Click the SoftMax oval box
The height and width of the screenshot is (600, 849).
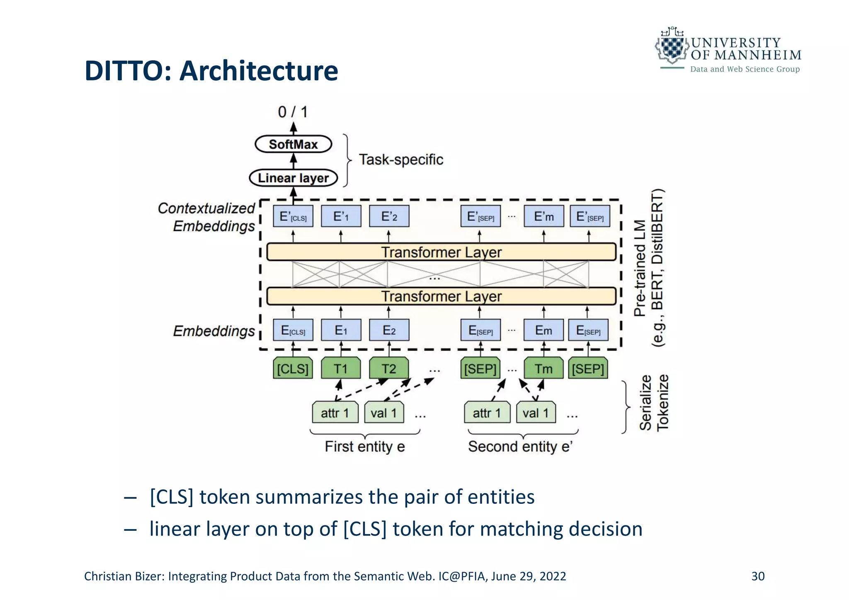point(293,144)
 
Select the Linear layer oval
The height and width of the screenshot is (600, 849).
point(293,178)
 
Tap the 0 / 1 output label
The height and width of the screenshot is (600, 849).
point(293,112)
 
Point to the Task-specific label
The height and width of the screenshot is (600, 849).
point(400,160)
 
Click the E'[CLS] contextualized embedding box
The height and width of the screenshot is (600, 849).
point(293,216)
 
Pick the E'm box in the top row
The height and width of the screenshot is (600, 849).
point(543,216)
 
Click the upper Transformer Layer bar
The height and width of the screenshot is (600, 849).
point(441,252)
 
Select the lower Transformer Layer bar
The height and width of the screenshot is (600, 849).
point(441,296)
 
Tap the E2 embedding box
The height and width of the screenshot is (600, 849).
point(389,330)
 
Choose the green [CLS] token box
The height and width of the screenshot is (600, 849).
point(293,368)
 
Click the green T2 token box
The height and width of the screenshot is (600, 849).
point(389,368)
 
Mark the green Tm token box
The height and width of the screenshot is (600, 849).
point(543,368)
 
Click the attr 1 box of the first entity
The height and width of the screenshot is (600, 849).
point(335,413)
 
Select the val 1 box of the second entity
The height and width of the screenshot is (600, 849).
point(536,413)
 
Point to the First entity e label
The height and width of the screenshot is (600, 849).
point(364,447)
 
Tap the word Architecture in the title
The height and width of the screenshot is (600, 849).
point(259,71)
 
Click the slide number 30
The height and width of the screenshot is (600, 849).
point(758,576)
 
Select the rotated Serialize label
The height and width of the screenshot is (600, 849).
point(645,403)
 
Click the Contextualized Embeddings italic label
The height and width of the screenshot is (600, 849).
point(206,217)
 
